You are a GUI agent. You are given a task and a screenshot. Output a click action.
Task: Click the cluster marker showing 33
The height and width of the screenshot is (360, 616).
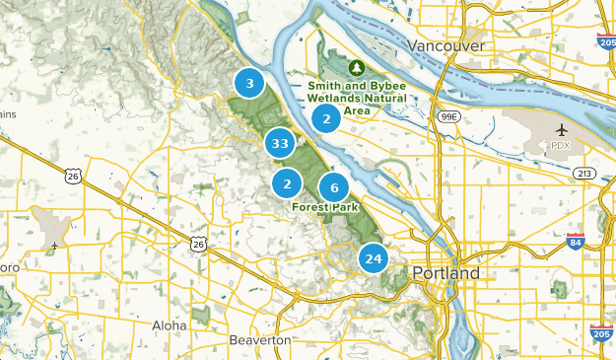tap(280, 144)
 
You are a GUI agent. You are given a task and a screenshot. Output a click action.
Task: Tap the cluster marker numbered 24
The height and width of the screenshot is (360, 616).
tap(373, 259)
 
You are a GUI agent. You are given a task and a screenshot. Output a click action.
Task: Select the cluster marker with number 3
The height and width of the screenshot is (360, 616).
tap(250, 84)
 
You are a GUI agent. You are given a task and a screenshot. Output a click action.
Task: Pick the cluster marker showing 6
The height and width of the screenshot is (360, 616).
tap(334, 187)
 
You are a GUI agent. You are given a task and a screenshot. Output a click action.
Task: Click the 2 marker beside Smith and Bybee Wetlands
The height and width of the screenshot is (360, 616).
tap(326, 118)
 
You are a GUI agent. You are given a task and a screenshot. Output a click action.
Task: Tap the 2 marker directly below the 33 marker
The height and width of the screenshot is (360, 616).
tap(287, 183)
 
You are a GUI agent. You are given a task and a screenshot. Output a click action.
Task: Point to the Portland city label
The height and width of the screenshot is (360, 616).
tap(446, 272)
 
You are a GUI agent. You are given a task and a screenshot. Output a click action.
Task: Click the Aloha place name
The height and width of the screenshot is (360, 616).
tap(169, 324)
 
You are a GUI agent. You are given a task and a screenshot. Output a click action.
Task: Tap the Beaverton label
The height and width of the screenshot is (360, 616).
tap(260, 339)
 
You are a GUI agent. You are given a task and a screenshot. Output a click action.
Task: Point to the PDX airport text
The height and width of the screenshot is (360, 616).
tap(561, 145)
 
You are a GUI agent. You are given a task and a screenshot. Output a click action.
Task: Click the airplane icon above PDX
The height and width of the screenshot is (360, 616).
tap(562, 129)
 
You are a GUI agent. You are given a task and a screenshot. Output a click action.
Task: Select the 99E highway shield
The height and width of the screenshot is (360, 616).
tap(448, 116)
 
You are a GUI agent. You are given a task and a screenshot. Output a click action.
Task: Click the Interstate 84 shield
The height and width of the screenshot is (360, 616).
tap(576, 240)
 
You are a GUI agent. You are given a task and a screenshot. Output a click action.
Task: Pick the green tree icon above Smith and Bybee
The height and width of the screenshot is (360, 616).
tap(357, 67)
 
